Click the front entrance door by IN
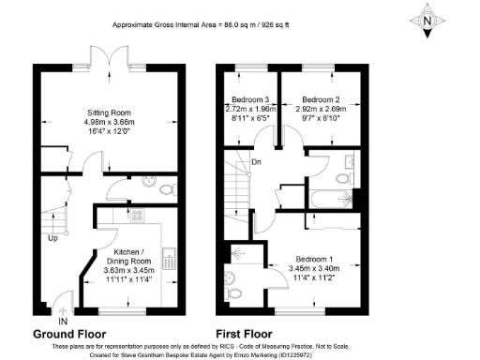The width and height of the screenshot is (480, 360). click(x=62, y=306)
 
